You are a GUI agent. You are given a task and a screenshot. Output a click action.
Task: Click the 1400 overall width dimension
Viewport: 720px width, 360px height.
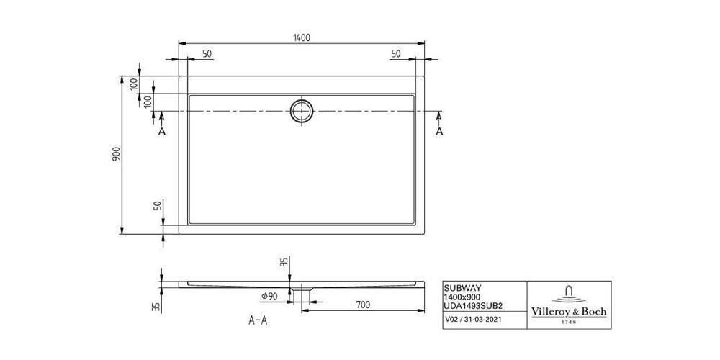[302, 37]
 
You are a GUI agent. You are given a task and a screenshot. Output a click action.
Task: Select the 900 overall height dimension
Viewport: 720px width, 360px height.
[117, 154]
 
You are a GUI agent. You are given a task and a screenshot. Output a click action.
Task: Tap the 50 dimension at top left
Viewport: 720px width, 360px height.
[207, 55]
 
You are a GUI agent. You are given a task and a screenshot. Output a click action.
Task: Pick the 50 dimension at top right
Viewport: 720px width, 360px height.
[396, 55]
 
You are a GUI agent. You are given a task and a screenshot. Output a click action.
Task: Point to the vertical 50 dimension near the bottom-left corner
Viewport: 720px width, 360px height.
[158, 206]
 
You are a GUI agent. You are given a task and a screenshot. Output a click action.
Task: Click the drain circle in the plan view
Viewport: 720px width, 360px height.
[302, 111]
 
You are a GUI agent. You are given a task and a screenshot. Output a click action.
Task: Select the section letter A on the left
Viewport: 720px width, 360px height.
[161, 131]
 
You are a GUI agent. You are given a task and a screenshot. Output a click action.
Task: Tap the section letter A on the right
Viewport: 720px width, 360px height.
[439, 131]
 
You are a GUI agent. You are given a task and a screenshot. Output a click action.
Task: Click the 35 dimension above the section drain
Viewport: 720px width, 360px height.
[284, 263]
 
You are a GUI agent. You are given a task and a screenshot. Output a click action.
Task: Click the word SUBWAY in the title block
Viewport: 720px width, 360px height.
[461, 287]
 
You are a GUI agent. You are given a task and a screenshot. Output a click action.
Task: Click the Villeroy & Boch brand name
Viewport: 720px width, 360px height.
[569, 312]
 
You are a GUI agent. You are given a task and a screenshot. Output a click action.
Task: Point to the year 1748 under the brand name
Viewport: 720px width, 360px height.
[569, 323]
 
